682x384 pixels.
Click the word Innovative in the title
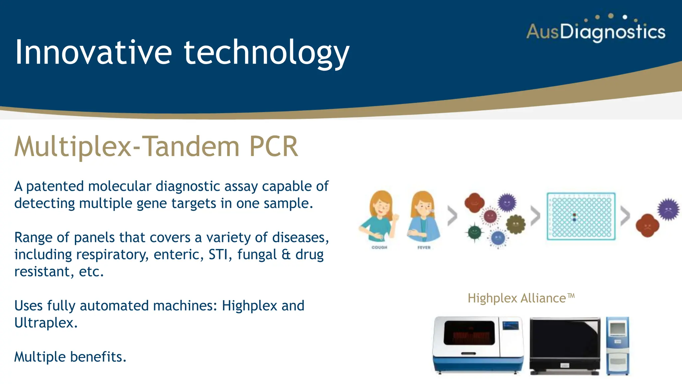tap(94, 52)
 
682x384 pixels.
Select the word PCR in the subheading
tap(273, 147)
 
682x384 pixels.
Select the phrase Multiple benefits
tap(70, 357)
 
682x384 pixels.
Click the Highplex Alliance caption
tap(521, 298)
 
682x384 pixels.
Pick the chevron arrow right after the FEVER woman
tap(452, 216)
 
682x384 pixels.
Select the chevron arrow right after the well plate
tap(625, 216)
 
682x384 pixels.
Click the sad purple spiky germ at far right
tap(668, 209)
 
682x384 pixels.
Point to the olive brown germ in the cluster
tap(515, 224)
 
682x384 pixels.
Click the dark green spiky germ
tap(475, 232)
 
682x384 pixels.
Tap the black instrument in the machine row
tap(565, 345)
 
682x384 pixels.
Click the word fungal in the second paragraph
tap(257, 255)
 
